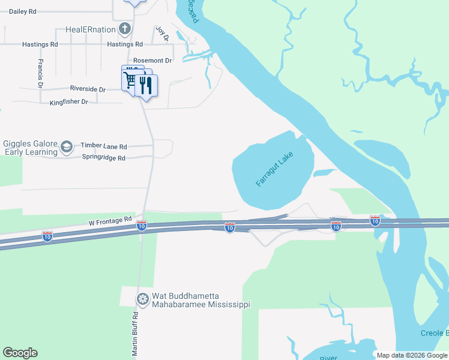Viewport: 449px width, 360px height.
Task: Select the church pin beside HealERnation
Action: pyautogui.click(x=124, y=28)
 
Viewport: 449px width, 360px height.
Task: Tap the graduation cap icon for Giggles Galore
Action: pyautogui.click(x=67, y=146)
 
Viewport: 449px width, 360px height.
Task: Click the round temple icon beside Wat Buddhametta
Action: pyautogui.click(x=142, y=299)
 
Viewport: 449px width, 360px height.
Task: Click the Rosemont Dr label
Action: pyautogui.click(x=152, y=61)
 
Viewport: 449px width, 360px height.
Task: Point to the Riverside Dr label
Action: pyautogui.click(x=88, y=89)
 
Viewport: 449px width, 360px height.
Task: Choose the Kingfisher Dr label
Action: pyautogui.click(x=69, y=102)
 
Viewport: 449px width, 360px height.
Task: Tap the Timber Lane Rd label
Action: pyautogui.click(x=104, y=146)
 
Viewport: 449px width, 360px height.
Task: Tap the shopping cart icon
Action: pyautogui.click(x=130, y=80)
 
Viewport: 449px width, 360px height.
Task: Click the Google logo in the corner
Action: pyautogui.click(x=20, y=353)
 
